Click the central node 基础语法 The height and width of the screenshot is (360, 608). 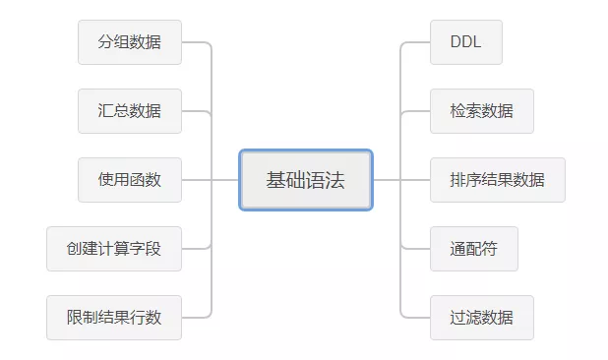[306, 180]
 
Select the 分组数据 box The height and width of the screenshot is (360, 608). [130, 42]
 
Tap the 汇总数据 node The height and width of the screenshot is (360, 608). [130, 111]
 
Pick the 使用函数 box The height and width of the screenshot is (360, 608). [130, 180]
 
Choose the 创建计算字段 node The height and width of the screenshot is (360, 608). [114, 249]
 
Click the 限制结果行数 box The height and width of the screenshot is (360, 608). [114, 318]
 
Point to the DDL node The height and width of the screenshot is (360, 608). [466, 42]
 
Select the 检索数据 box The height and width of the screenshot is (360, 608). [482, 111]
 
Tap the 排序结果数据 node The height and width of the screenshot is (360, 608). [498, 180]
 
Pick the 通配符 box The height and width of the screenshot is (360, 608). [474, 249]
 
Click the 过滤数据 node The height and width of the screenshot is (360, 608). [482, 318]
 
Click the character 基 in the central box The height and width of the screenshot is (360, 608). [275, 180]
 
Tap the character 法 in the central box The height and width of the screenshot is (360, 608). [335, 180]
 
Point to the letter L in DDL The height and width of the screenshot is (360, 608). [477, 42]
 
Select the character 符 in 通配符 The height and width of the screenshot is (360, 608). [490, 249]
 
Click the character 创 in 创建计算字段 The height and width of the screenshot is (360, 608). [74, 249]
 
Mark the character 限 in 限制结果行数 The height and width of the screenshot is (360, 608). [74, 318]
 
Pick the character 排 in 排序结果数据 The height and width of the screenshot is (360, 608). [457, 180]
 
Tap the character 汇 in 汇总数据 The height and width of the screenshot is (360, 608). [105, 111]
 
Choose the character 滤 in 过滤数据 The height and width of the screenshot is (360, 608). [474, 318]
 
